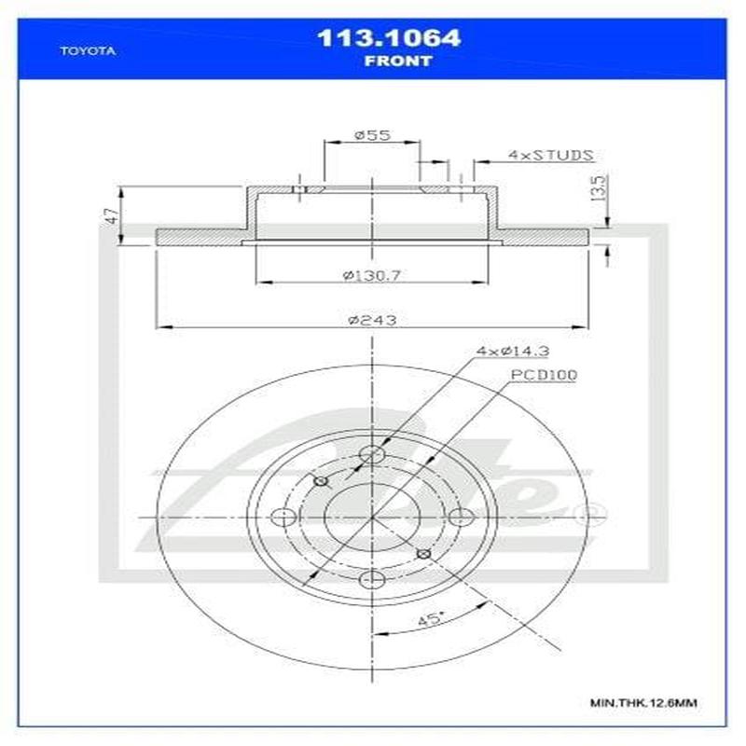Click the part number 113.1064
[390, 39]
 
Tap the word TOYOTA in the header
[88, 52]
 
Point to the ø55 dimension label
[370, 136]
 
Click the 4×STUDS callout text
[550, 155]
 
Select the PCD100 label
[543, 375]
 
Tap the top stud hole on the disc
[372, 455]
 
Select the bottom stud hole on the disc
[372, 581]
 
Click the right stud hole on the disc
[458, 518]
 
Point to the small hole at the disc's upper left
[321, 481]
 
